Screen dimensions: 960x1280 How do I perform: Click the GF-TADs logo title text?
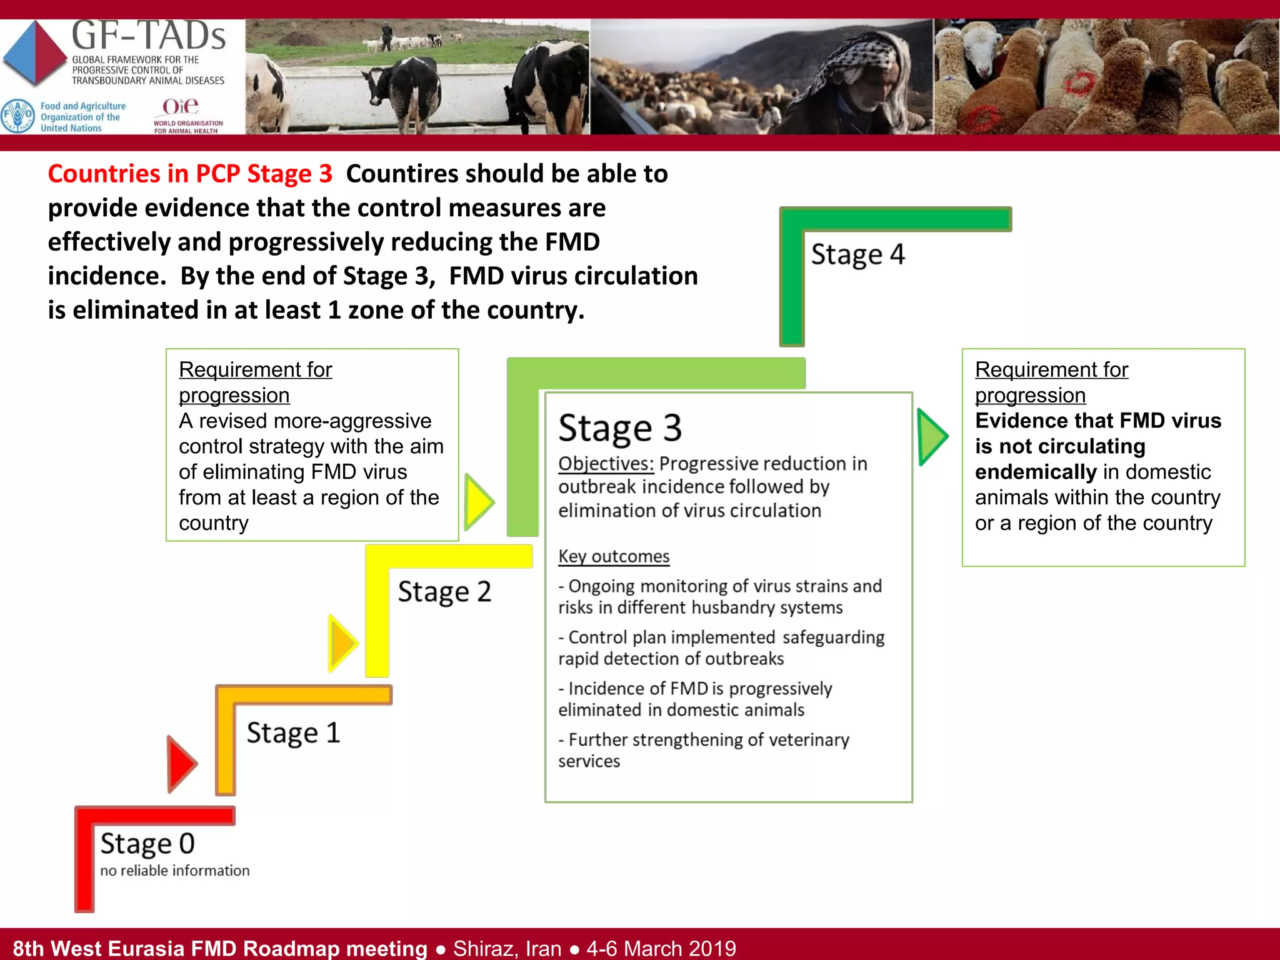[x=149, y=36]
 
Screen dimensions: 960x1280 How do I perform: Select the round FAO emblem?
[x=17, y=116]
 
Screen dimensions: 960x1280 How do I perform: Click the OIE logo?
[x=181, y=107]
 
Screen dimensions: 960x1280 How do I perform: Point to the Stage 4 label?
[x=857, y=255]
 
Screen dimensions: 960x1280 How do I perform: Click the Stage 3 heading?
[x=619, y=429]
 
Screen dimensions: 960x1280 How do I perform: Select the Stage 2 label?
[x=444, y=592]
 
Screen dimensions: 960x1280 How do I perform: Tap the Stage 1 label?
[x=293, y=732]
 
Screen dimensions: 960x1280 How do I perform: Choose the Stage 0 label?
[x=147, y=844]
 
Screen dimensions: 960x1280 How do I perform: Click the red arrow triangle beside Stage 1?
[x=181, y=764]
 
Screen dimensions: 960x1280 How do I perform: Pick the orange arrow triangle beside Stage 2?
[x=342, y=643]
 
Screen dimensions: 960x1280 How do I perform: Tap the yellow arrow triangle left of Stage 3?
[x=479, y=502]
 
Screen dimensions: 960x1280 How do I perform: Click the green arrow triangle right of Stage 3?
[x=932, y=436]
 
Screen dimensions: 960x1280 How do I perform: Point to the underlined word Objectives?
[x=606, y=464]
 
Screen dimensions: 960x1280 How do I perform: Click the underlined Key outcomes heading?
[x=614, y=556]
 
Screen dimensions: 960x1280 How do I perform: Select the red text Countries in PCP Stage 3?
[x=190, y=174]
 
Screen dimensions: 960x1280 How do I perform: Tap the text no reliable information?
[x=174, y=871]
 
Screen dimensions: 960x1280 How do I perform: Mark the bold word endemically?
[x=1036, y=472]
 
